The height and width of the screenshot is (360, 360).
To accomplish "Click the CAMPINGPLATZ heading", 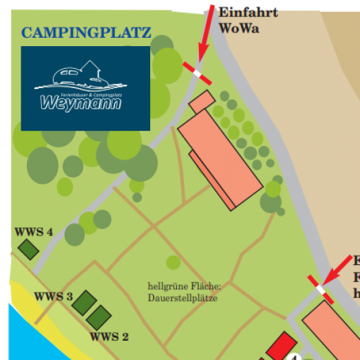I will pyautogui.click(x=86, y=32).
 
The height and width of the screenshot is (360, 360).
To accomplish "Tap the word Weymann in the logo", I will pyautogui.click(x=81, y=104).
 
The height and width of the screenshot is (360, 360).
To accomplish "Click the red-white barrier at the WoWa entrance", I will pyautogui.click(x=197, y=72).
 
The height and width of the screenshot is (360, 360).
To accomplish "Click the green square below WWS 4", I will pyautogui.click(x=28, y=249).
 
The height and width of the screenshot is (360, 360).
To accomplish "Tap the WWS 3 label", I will pyautogui.click(x=54, y=297).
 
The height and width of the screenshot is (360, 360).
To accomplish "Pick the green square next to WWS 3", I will pyautogui.click(x=85, y=301).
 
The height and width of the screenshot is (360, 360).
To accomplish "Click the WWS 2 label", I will pyautogui.click(x=109, y=337).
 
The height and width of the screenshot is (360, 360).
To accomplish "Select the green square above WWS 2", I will pyautogui.click(x=98, y=317).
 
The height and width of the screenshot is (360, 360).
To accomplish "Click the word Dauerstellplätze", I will pyautogui.click(x=182, y=298).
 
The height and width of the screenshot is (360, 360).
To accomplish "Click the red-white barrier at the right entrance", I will pyautogui.click(x=321, y=290).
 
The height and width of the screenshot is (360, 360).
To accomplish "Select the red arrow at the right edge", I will pyautogui.click(x=340, y=269).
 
